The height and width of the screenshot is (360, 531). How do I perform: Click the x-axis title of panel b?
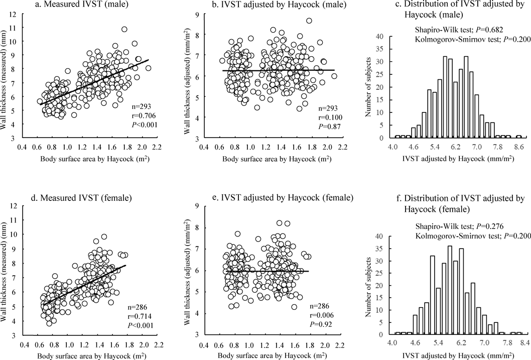pyautogui.click(x=270, y=160)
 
